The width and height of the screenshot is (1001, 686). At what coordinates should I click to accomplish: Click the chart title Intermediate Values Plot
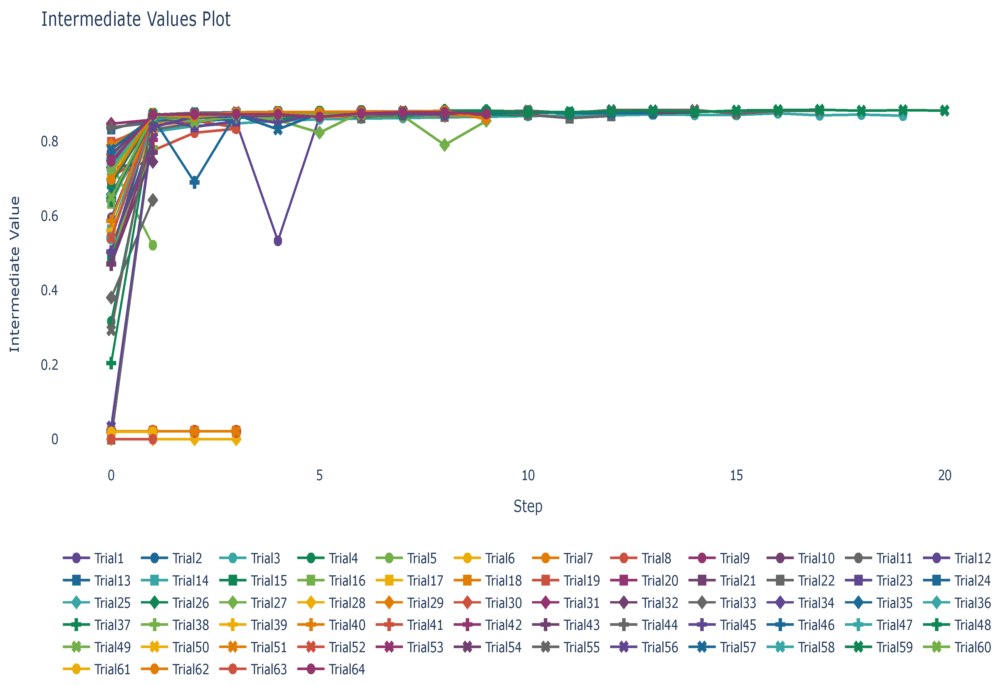136,19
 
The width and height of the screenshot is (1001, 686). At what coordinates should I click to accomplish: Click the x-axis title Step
528,506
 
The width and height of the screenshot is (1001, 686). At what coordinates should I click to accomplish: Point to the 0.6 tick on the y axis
50,216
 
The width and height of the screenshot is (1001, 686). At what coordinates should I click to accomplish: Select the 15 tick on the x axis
736,475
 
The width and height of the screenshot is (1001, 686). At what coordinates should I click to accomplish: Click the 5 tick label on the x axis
319,475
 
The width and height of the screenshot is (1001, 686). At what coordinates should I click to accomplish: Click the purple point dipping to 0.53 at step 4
278,241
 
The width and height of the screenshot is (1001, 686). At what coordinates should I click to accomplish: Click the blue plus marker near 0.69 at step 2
195,182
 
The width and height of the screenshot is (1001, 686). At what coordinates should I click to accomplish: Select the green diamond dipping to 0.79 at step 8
445,145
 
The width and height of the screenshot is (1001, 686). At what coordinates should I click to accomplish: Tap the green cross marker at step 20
944,111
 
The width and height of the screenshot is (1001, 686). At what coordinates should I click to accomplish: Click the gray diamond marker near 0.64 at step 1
153,200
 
